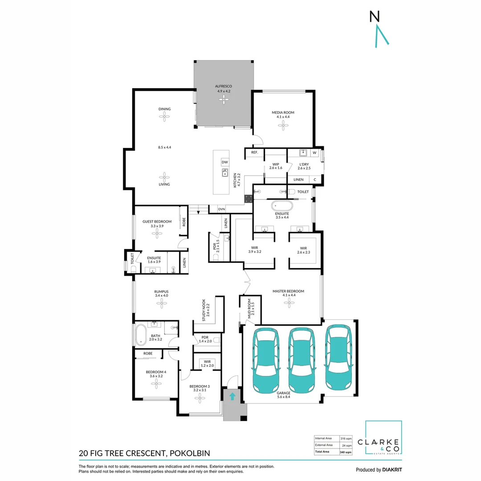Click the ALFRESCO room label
(224, 86)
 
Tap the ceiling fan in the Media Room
(283, 126)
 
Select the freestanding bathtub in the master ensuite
(281, 206)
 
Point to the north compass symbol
(378, 29)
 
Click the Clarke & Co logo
(383, 438)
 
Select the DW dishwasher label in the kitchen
(225, 162)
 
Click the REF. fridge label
(255, 153)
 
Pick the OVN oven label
(221, 209)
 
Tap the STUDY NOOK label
(205, 310)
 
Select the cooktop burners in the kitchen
(248, 197)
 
